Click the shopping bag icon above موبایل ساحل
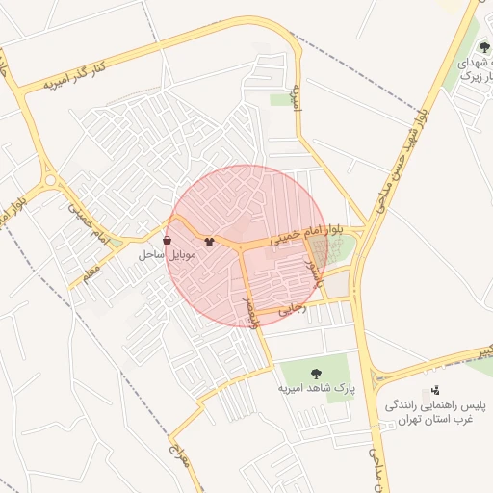168,239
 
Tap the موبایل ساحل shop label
168,255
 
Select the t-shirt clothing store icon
209,239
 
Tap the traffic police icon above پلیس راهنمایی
437,390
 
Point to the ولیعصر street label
253,311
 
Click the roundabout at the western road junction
49,179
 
